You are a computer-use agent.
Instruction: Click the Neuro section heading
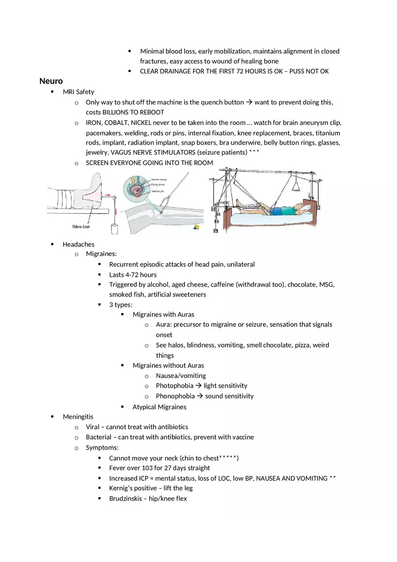click(51, 81)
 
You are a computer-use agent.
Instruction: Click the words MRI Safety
click(78, 92)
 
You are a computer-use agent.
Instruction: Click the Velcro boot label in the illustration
click(81, 227)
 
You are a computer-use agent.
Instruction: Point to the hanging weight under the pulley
click(115, 228)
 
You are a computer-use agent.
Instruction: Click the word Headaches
click(78, 245)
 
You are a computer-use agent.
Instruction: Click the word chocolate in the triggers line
click(301, 285)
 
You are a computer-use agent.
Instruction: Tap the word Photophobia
click(174, 386)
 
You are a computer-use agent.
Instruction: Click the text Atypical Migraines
click(159, 407)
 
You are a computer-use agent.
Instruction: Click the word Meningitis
click(78, 417)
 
